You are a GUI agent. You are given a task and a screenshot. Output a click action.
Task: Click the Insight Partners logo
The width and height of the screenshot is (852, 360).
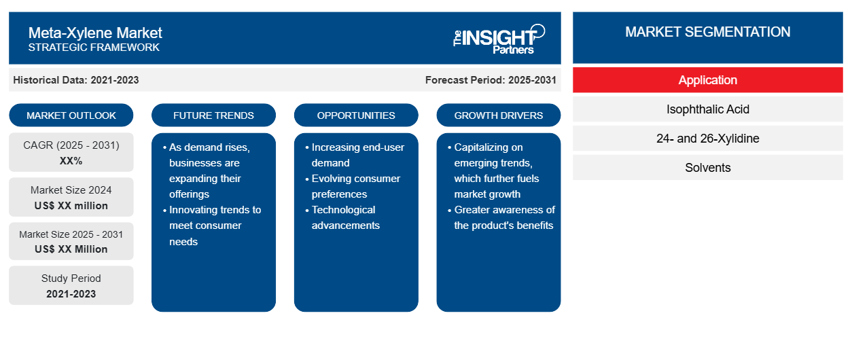click(x=499, y=39)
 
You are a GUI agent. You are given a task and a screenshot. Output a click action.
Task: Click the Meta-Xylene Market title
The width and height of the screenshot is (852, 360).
click(x=95, y=33)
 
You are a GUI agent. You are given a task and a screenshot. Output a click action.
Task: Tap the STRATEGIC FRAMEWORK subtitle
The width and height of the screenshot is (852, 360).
click(x=94, y=48)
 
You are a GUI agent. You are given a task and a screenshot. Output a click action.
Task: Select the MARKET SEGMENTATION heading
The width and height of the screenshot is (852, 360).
click(x=707, y=32)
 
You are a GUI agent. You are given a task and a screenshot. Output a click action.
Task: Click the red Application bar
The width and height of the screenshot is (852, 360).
click(x=707, y=80)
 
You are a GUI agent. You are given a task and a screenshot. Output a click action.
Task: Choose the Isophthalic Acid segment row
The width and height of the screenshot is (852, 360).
click(x=707, y=109)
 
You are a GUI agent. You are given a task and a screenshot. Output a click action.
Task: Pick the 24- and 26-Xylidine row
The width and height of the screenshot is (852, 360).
click(x=707, y=139)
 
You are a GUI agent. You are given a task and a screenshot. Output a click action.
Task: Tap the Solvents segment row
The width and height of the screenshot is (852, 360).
click(x=707, y=168)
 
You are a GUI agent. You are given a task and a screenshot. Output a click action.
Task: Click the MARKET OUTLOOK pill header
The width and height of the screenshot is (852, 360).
click(x=71, y=115)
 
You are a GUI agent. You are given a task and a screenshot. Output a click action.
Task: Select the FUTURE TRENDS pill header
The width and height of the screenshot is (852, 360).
click(x=213, y=115)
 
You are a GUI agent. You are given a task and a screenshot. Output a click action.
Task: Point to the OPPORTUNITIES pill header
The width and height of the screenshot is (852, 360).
click(x=356, y=115)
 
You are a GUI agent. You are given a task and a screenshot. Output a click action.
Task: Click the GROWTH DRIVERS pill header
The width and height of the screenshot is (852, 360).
click(x=498, y=115)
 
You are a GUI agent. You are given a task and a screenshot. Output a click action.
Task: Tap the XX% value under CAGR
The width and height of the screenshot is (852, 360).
click(x=71, y=161)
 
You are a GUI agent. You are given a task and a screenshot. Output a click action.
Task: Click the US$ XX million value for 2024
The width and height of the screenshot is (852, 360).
click(x=71, y=206)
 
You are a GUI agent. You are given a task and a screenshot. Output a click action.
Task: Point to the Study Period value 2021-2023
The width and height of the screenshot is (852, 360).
click(x=71, y=294)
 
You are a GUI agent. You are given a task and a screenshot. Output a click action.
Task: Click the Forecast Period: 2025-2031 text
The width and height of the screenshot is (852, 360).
click(x=491, y=80)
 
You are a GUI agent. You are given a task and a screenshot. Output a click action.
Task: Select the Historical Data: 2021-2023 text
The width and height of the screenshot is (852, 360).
click(x=75, y=80)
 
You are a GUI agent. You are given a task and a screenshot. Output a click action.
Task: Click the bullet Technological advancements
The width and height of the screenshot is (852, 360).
click(x=342, y=217)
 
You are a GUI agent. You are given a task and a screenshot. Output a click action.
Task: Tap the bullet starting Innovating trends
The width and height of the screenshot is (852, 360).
click(x=212, y=226)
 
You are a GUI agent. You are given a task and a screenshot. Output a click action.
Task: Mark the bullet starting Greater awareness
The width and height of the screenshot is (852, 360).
click(x=501, y=217)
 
